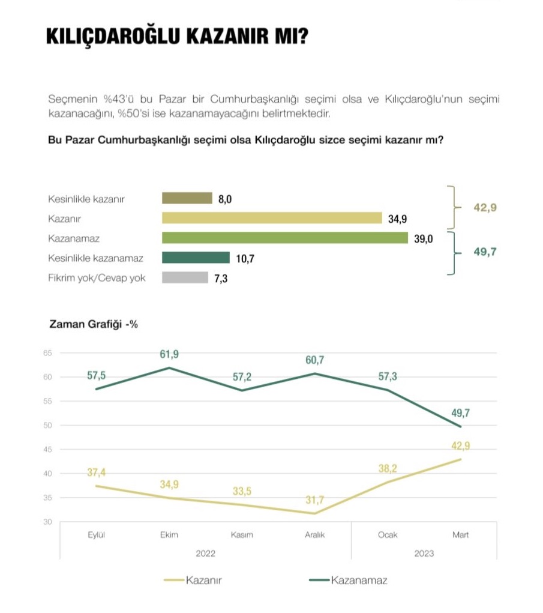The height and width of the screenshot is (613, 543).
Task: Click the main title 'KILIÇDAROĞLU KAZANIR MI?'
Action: [177, 37]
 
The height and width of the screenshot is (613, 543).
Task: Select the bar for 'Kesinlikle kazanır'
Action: [187, 199]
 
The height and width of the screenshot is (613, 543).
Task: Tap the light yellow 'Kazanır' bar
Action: [272, 218]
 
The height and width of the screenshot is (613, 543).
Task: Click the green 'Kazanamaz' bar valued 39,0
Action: [284, 238]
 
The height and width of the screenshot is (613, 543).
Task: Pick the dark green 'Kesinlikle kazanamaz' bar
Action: [196, 258]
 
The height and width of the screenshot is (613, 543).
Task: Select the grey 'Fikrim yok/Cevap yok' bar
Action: [185, 277]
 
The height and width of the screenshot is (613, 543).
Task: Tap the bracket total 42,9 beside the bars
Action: [485, 208]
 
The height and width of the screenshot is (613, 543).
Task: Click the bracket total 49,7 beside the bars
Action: [485, 252]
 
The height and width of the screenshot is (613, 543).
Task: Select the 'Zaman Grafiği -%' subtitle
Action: [93, 324]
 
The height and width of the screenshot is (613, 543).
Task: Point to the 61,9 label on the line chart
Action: [169, 355]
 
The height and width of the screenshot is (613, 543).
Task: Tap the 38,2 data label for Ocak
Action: [388, 468]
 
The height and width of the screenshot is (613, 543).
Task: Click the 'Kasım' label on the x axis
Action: [242, 535]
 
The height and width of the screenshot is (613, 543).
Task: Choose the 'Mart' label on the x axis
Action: [460, 535]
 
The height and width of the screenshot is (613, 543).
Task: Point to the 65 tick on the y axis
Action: [47, 353]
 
